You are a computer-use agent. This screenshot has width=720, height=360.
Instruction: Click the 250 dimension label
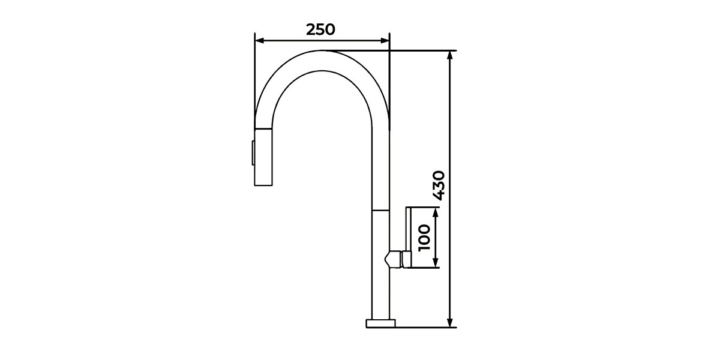click(320, 29)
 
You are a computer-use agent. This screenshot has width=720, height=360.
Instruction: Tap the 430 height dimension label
click(439, 185)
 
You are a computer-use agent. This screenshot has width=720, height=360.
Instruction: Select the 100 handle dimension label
click(424, 238)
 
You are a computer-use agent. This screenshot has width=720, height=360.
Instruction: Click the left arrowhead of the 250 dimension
click(259, 41)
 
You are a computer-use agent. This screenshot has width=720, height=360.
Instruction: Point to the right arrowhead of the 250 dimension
click(385, 41)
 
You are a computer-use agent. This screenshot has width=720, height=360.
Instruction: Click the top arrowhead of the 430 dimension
click(450, 55)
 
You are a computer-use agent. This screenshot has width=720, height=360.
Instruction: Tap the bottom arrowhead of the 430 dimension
click(450, 323)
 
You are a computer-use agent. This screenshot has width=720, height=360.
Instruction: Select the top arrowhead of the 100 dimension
click(436, 212)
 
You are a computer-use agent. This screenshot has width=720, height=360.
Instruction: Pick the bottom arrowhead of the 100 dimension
click(436, 263)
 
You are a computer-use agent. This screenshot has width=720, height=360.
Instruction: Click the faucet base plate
click(380, 323)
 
